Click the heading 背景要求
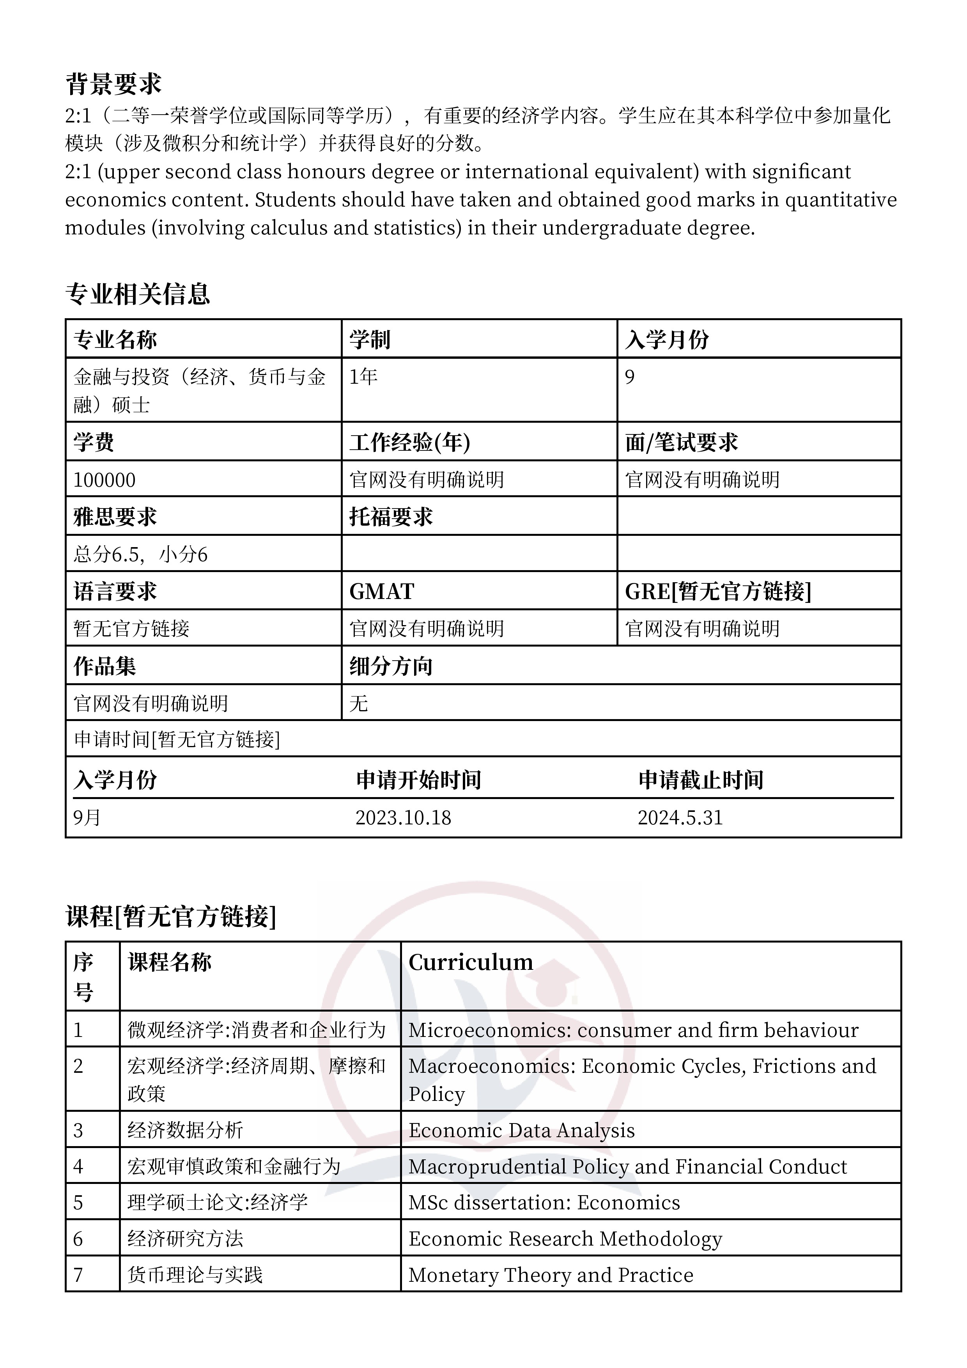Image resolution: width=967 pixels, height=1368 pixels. point(113,84)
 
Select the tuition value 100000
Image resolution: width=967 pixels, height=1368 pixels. point(104,480)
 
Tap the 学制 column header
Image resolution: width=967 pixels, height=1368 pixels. point(369,340)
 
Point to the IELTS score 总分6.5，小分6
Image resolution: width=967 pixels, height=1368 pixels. point(141,555)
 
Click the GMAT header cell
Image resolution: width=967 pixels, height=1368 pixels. point(381,592)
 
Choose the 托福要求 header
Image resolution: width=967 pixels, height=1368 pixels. point(391,517)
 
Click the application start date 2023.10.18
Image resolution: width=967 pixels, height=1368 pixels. point(403,817)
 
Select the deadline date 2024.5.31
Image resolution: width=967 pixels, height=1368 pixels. point(680,817)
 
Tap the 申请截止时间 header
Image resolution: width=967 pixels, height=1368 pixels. point(701,780)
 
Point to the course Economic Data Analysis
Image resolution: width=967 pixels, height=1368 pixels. point(521,1130)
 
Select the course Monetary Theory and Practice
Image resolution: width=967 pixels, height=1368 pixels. point(551,1274)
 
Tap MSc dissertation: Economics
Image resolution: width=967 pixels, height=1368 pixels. point(544,1202)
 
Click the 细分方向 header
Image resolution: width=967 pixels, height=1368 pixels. point(391,666)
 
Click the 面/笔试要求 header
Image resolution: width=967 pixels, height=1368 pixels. point(682,442)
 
